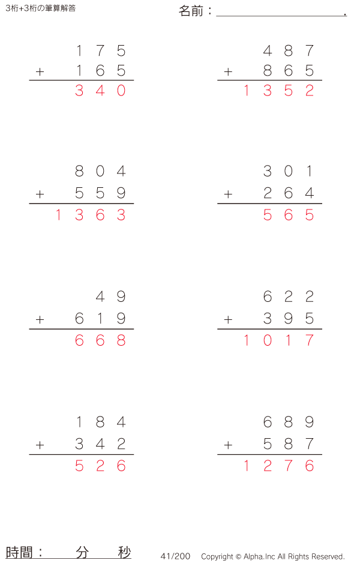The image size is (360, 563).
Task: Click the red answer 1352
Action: tap(278, 91)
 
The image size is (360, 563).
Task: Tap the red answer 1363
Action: tap(90, 215)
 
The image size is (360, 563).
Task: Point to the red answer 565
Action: tap(289, 215)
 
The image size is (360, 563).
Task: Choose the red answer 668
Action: tap(100, 340)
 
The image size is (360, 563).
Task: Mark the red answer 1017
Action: tap(278, 340)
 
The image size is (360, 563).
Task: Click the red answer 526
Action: tap(100, 466)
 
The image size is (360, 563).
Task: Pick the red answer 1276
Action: tap(278, 466)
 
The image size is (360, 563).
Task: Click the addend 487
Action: tap(289, 51)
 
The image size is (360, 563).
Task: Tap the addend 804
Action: tap(100, 172)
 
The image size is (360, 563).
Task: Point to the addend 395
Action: tap(289, 318)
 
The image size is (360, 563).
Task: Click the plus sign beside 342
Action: tap(40, 445)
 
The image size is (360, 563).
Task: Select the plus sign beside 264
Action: tap(228, 194)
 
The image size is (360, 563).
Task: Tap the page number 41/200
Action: tap(175, 556)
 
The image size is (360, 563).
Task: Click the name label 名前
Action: tap(191, 11)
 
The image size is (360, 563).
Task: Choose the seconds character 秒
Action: tap(124, 552)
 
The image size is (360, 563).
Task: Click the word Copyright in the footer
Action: tap(217, 556)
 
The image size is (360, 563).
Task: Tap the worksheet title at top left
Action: tap(40, 8)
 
